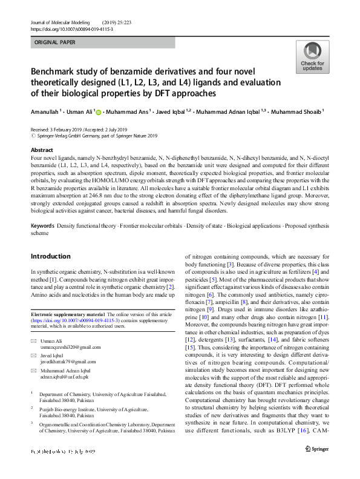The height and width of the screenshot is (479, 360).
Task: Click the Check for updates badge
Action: click(312, 56)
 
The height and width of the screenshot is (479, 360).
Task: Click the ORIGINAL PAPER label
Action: click(55, 43)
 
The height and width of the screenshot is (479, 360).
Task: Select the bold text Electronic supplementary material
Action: click(68, 315)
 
